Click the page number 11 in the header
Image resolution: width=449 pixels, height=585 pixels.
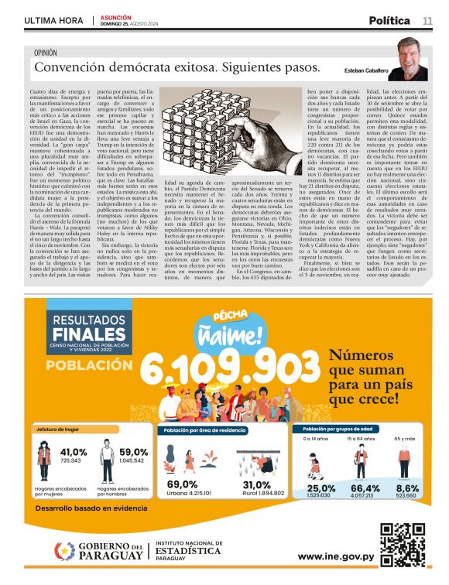click(x=427, y=20)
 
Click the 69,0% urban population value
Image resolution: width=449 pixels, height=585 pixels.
click(x=183, y=484)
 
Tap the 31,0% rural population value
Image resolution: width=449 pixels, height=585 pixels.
click(x=251, y=484)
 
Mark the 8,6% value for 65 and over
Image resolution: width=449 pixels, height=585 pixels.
click(x=407, y=488)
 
